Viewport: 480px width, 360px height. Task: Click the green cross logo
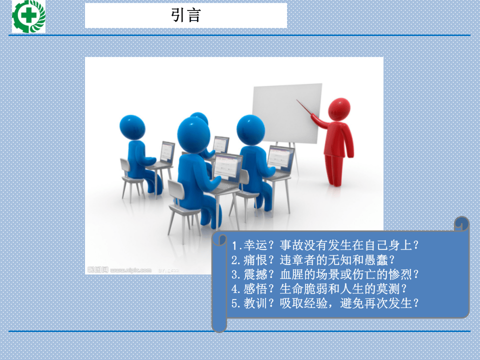(28, 16)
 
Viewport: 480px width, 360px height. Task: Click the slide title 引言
(185, 15)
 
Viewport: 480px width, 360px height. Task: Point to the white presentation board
(286, 112)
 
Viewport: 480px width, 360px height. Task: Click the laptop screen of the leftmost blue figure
(167, 151)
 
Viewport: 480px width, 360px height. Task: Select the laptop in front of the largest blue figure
(227, 170)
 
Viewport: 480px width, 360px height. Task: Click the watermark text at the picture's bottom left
(120, 270)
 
